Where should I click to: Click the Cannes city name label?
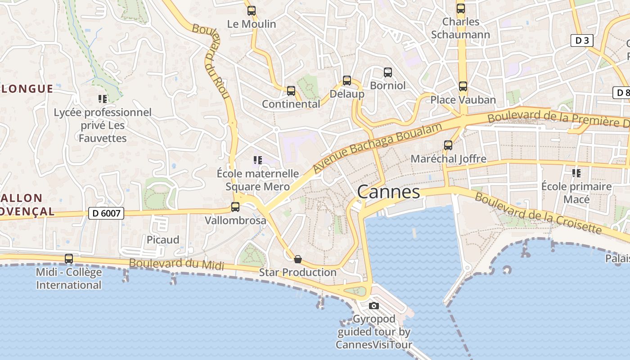388,192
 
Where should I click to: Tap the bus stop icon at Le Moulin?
252,11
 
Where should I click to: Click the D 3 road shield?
582,40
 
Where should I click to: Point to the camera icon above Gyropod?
373,306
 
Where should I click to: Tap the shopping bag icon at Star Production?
297,259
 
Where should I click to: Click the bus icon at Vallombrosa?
235,207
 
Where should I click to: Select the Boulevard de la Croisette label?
538,213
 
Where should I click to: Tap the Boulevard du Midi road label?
176,264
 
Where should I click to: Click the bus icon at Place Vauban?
463,86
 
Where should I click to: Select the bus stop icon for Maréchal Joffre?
448,145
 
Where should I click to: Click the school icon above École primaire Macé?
576,173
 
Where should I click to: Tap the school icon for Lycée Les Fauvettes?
103,99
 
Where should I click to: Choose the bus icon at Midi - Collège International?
69,259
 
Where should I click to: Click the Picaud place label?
163,239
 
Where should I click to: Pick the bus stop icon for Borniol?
388,72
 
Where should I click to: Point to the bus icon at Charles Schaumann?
461,9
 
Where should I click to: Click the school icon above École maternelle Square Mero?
257,160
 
